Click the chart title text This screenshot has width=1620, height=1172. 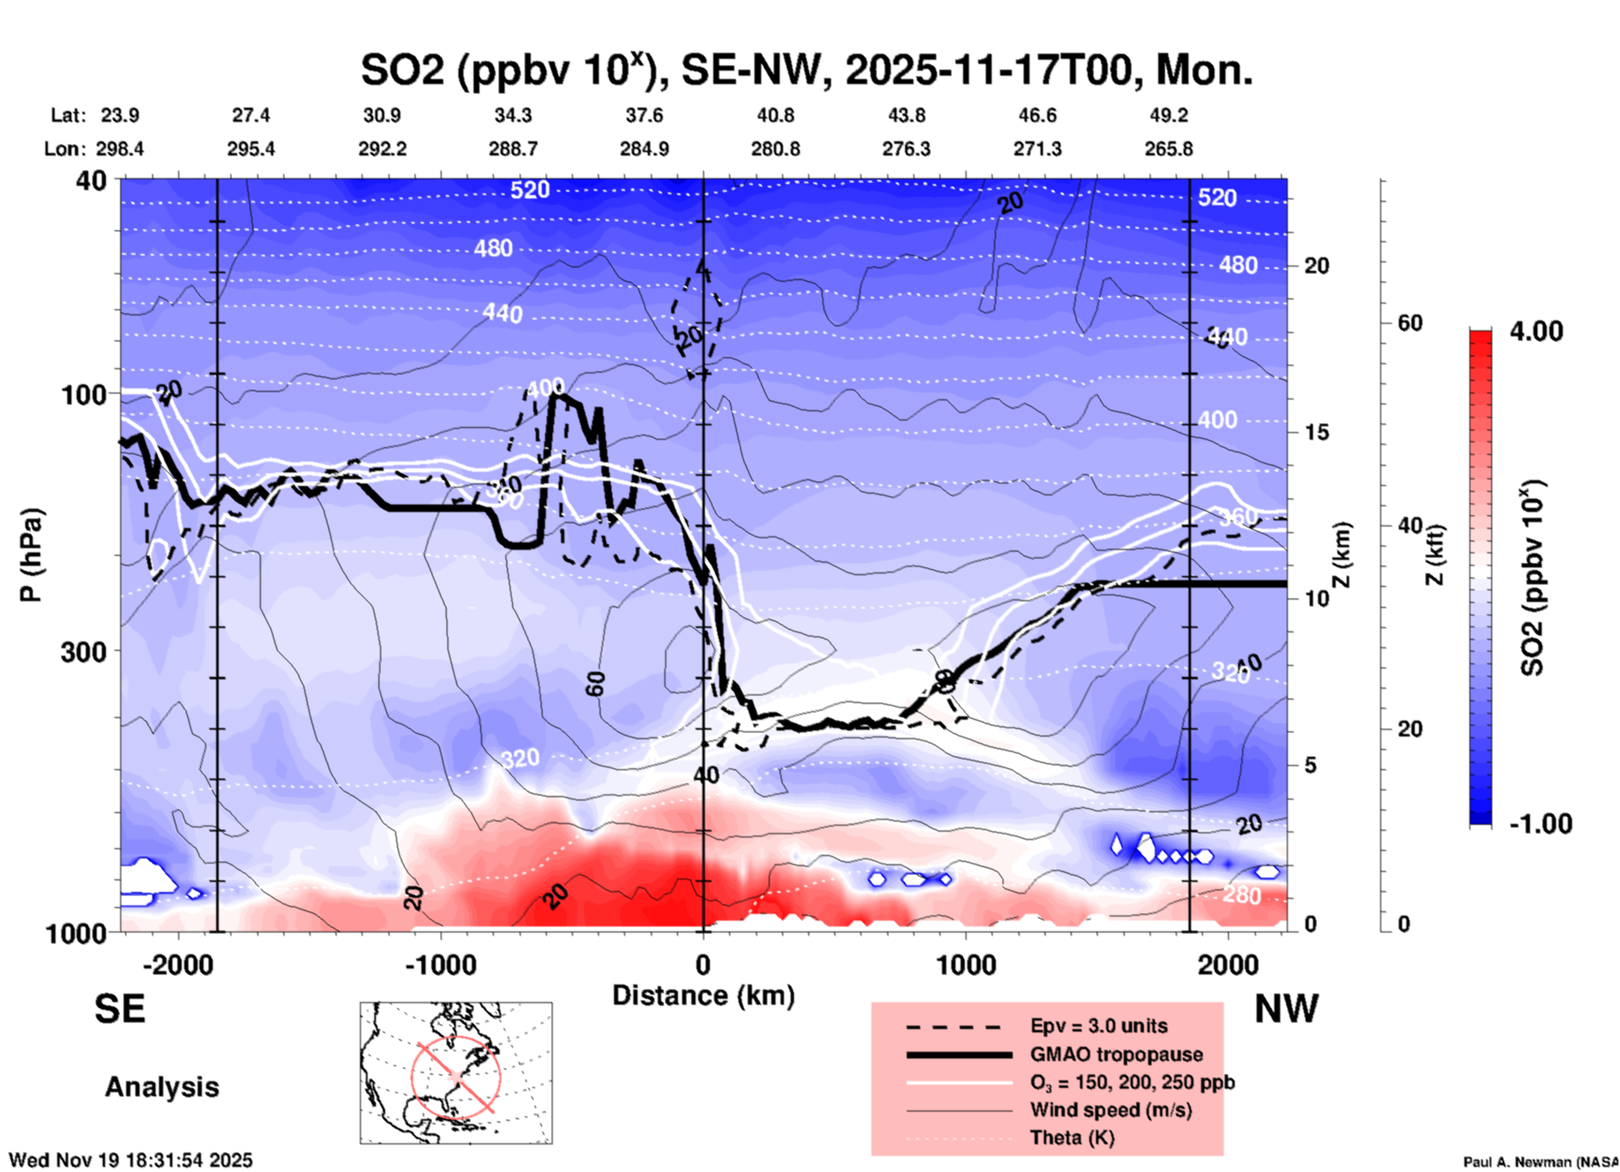pos(806,70)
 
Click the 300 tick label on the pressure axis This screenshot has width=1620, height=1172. pos(83,652)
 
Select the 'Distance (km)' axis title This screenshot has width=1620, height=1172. pos(703,995)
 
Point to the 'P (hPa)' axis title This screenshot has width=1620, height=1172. pos(31,555)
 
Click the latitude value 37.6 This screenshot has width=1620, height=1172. pos(643,115)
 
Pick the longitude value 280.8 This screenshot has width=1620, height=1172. pos(775,149)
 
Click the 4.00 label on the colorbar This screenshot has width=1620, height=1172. pos(1536,331)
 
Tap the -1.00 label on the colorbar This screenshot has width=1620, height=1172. pos(1540,824)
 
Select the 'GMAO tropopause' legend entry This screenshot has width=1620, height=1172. pos(1116,1054)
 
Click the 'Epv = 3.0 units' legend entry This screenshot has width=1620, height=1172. pos(1099,1026)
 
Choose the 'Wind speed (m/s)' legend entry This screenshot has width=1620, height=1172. pos(1110,1110)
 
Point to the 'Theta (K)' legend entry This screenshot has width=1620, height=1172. pos(1072,1138)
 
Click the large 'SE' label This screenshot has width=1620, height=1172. pos(119,1009)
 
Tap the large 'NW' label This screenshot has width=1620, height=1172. pos(1285,1009)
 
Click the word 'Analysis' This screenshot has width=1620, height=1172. pos(161,1087)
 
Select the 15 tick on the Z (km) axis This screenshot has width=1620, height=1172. pos(1316,432)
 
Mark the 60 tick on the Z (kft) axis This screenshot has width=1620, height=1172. pos(1410,323)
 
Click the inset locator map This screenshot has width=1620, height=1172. pos(456,1073)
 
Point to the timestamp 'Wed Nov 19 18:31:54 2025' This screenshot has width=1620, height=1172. pos(130,1160)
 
